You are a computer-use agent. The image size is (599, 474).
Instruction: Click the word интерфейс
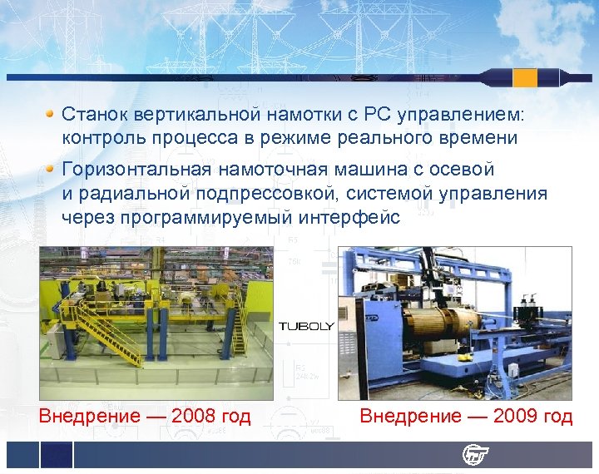[x=354, y=218]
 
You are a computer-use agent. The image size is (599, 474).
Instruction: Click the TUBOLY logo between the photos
[x=305, y=326]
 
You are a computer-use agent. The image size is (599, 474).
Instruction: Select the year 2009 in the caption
[x=516, y=416]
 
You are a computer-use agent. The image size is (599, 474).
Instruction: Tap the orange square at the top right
[x=525, y=78]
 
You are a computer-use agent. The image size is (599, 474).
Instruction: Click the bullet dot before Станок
[x=51, y=111]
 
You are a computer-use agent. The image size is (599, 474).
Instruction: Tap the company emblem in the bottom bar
[x=476, y=455]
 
